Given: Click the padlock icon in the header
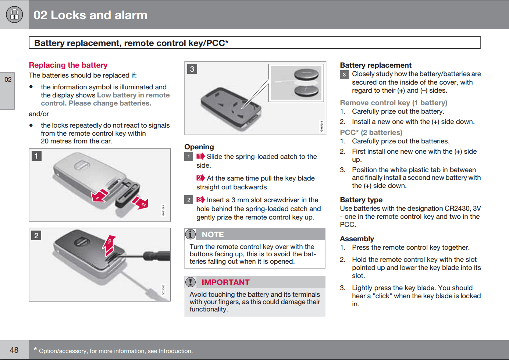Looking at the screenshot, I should pos(14,14).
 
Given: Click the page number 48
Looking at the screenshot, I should pos(14,350).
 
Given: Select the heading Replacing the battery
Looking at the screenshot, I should pos(68,65).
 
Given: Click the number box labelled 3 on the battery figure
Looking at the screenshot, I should pos(192,69).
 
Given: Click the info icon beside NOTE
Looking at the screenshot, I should pos(191,234).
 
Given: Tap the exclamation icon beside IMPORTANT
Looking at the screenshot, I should pos(191,282).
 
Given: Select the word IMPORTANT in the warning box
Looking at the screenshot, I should pos(225,282).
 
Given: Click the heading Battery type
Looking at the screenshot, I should pos(361,200).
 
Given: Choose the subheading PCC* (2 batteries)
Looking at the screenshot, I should pos(371,132).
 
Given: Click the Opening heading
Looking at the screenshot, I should pos(199,147).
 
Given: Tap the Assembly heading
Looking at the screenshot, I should pos(357,239).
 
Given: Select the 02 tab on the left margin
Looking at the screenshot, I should pos(8,80).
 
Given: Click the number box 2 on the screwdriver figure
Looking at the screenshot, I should pos(36,236).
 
